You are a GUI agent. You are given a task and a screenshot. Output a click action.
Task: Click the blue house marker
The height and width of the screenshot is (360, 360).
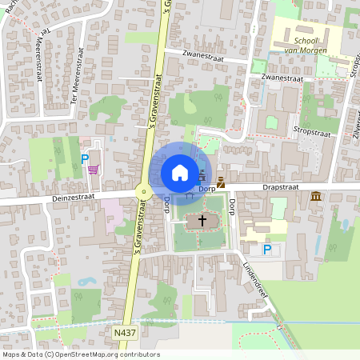(180, 172)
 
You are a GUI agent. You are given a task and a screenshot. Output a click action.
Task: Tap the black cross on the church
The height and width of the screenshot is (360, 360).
(202, 219)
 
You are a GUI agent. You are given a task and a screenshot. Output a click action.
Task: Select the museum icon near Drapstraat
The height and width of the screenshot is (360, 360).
(317, 196)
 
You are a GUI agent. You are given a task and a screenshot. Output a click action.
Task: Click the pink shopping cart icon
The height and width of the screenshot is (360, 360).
(94, 169)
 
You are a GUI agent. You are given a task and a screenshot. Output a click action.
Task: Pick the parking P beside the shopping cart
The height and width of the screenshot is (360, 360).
(85, 158)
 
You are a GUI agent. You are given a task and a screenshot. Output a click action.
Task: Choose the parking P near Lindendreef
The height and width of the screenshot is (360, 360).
(267, 250)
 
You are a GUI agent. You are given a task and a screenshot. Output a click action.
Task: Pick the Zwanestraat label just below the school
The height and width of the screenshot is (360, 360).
(282, 78)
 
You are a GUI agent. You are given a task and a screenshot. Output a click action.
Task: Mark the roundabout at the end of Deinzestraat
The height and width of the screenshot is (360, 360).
(144, 192)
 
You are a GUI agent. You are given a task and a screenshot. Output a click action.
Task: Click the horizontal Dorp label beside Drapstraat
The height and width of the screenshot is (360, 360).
(208, 188)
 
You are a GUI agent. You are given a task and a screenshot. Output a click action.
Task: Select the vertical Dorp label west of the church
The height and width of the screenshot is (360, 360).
(166, 206)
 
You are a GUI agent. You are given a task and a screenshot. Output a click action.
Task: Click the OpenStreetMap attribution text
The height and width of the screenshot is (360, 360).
(81, 354)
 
